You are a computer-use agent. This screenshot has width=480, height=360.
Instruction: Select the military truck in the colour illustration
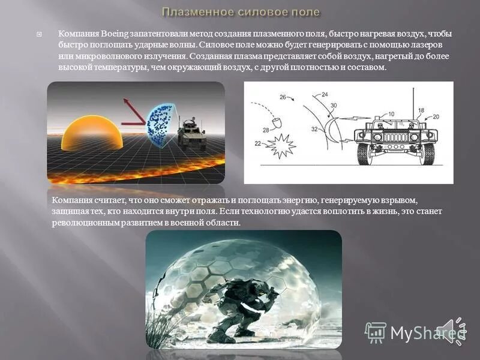coord(191,133)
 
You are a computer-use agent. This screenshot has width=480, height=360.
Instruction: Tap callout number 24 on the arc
coord(325,95)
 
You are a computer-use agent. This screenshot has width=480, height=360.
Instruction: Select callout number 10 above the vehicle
coord(391,113)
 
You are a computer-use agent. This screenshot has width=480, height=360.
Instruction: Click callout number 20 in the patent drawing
coord(436,116)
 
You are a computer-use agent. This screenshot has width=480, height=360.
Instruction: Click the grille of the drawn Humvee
coord(395,137)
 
